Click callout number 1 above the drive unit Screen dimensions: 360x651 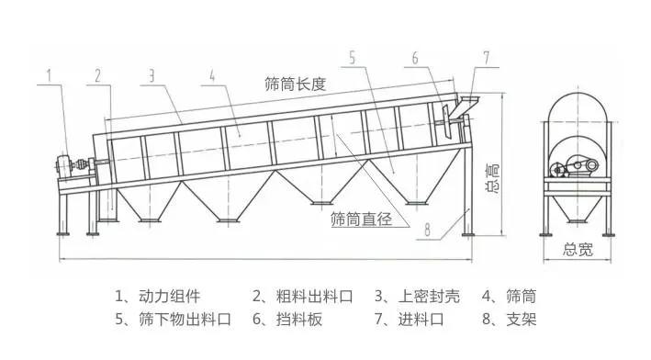(52, 73)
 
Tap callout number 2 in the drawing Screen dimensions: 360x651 (95, 74)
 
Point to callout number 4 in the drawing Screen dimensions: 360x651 (212, 74)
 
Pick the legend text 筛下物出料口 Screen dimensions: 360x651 (183, 320)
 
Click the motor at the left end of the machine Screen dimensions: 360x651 (67, 167)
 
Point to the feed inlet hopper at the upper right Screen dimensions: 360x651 (469, 102)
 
